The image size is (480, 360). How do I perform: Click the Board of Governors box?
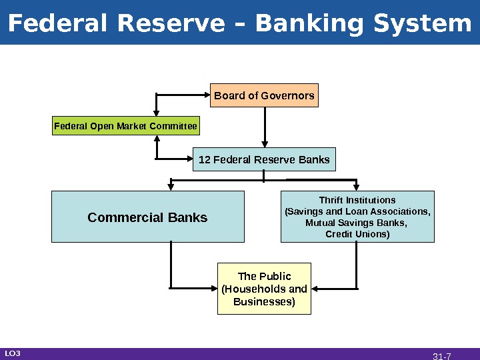264,95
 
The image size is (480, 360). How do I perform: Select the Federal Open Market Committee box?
125,125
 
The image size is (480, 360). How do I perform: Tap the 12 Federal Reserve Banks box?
264,160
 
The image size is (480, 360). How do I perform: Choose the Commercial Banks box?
147,217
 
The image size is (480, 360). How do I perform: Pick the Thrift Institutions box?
357,217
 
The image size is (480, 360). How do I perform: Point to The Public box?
264,289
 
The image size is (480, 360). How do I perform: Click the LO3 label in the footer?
13,353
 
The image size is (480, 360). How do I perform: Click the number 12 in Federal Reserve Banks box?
205,160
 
